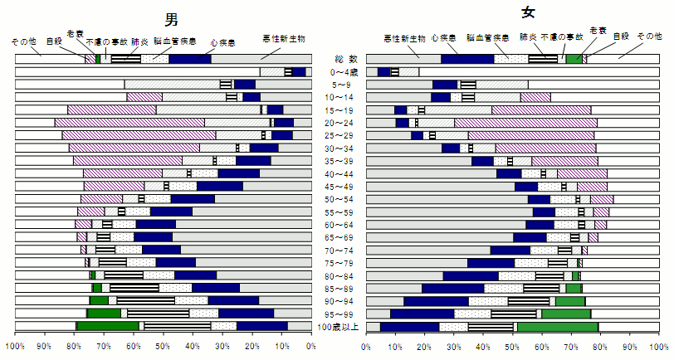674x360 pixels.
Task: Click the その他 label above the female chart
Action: pyautogui.click(x=649, y=36)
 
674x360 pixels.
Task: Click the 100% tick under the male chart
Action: pyautogui.click(x=15, y=346)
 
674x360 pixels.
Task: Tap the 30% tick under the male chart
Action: pyautogui.click(x=222, y=346)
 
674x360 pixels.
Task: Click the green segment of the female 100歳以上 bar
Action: pyautogui.click(x=557, y=327)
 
